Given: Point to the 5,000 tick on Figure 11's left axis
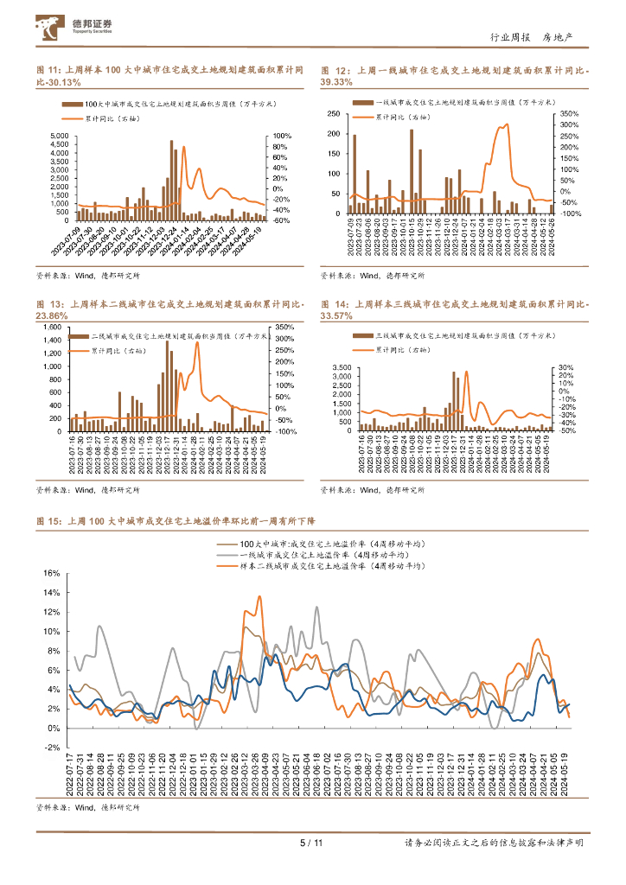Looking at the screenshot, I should [59, 137].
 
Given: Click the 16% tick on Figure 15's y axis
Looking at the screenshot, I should [49, 573].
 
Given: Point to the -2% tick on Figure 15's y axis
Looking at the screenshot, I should [49, 748].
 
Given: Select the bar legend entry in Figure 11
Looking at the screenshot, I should [169, 104].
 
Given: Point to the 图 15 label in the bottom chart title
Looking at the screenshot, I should [48, 521].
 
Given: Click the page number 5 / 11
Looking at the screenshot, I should [310, 844].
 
